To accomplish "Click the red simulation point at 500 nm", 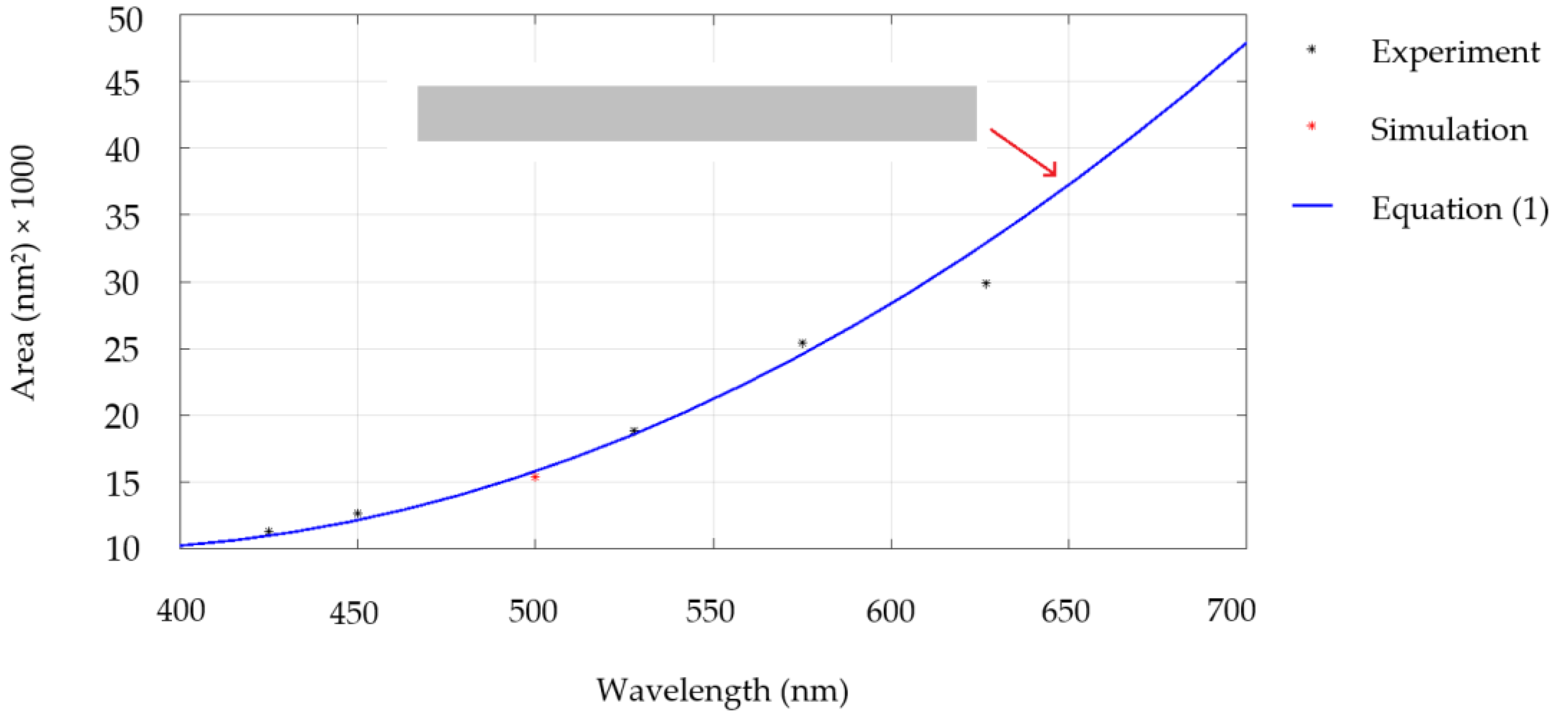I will pos(534,477).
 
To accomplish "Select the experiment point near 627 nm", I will pos(986,283).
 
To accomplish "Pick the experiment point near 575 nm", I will pos(802,343).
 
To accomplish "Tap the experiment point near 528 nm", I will pos(634,431).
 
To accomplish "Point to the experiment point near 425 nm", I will pos(269,531).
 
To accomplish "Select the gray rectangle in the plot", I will pos(696,113).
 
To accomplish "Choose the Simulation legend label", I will pos(1448,130).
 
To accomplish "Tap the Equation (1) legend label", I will pos(1459,209).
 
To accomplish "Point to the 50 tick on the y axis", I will pos(125,21).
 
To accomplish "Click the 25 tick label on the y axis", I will pos(123,351).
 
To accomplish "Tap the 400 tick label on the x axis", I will pos(181,611).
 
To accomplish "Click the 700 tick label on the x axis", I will pos(1231,610).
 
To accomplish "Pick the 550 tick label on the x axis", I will pos(710,612).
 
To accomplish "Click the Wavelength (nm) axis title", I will pos(722,690).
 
